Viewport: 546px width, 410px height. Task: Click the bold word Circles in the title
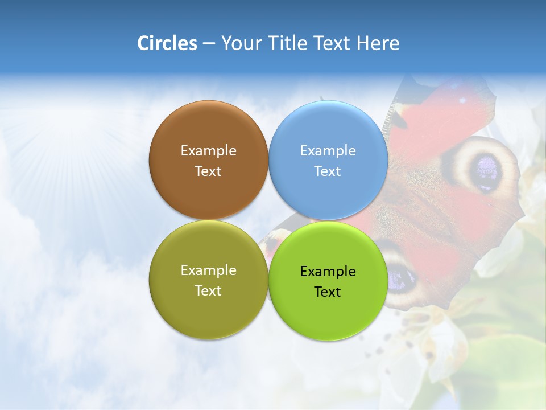pyautogui.click(x=167, y=43)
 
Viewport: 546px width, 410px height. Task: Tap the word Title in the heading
pyautogui.click(x=287, y=43)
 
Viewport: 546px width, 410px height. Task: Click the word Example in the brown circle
pyautogui.click(x=208, y=150)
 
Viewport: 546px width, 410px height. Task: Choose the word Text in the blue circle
pyautogui.click(x=328, y=171)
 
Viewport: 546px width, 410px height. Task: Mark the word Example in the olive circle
pyautogui.click(x=208, y=270)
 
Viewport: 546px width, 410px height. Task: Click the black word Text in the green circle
pyautogui.click(x=328, y=292)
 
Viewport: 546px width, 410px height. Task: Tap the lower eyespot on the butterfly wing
pyautogui.click(x=402, y=276)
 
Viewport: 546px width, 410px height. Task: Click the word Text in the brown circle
pyautogui.click(x=208, y=171)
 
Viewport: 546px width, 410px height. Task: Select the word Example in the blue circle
pyautogui.click(x=328, y=150)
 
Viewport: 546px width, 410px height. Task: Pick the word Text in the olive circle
pyautogui.click(x=208, y=290)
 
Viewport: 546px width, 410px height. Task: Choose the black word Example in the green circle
pyautogui.click(x=328, y=271)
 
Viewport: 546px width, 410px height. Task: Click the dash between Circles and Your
pyautogui.click(x=209, y=44)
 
